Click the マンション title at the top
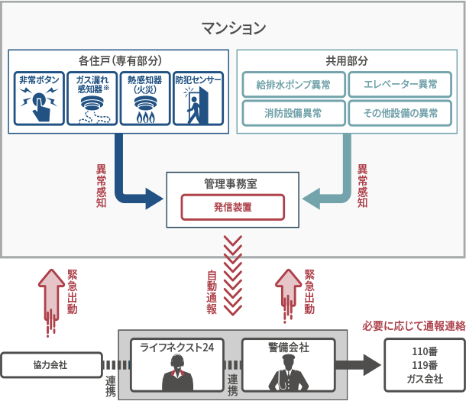233,28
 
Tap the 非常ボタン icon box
39,99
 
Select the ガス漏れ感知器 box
92,99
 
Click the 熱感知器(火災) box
144,99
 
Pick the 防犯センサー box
198,99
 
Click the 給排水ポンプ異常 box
293,85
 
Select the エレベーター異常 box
400,85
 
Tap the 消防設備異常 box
293,113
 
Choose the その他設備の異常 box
400,113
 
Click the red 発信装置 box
232,207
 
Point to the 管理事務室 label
232,183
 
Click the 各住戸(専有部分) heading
118,60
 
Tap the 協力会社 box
51,365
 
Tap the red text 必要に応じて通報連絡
413,325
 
